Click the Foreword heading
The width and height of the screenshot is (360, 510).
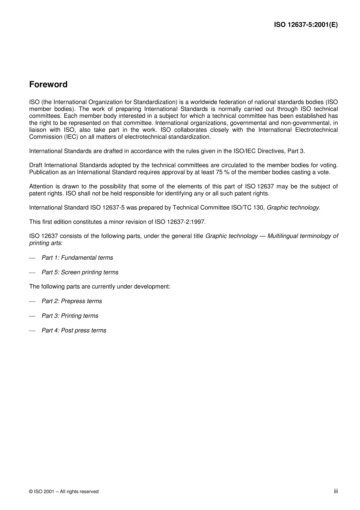click(48, 85)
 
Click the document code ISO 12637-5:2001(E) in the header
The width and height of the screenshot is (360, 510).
click(305, 25)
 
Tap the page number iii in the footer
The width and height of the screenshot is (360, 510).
click(335, 491)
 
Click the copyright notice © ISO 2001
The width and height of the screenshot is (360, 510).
click(64, 491)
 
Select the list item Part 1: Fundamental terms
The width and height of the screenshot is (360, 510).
click(77, 257)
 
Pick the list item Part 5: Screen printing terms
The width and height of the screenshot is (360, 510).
click(80, 272)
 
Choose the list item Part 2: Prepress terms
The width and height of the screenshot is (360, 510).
click(72, 301)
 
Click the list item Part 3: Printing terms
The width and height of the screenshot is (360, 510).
click(70, 316)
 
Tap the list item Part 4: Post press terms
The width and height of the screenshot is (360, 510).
click(74, 330)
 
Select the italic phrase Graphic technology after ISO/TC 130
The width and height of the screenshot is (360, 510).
click(293, 207)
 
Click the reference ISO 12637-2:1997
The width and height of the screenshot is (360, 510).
click(180, 222)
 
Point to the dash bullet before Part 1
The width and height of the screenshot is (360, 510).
click(32, 258)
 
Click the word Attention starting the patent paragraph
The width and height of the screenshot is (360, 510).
click(41, 186)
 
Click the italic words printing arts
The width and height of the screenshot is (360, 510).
click(45, 243)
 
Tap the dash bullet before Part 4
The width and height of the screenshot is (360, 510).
click(32, 331)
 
